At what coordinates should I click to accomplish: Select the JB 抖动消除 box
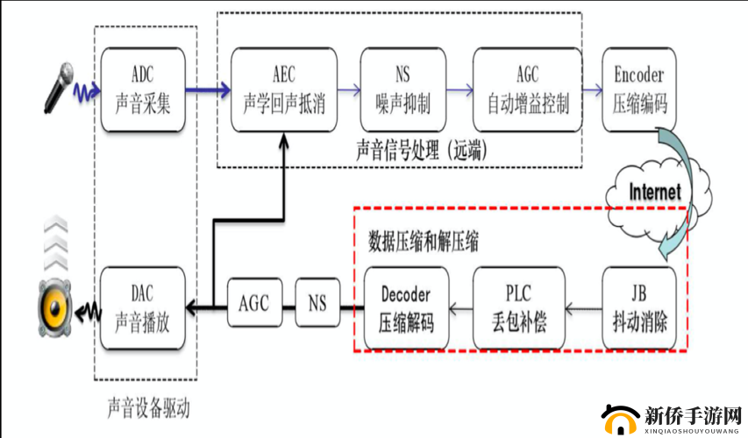point(639,307)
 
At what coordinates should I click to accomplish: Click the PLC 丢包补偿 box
point(517,307)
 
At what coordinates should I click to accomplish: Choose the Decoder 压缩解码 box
point(405,307)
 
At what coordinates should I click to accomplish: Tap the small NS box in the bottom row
point(317,304)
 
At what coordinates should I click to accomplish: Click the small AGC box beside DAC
point(253,304)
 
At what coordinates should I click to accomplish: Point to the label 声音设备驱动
point(147,408)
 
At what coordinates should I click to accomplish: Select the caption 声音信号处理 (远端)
point(422,149)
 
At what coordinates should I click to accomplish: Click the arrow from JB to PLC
point(581,307)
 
